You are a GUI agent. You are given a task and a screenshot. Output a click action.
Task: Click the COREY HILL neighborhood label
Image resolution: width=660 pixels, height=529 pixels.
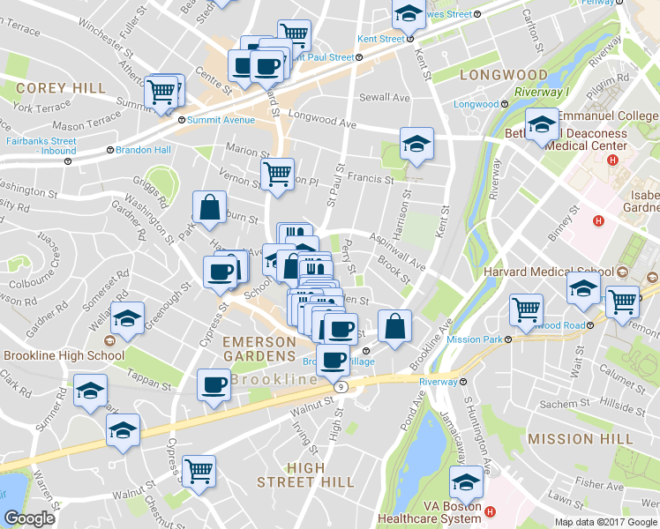(61, 88)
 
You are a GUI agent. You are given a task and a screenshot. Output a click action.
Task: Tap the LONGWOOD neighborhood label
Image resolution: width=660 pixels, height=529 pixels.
(504, 75)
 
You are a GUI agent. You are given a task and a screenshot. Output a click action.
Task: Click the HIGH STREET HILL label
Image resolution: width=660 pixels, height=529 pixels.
(305, 474)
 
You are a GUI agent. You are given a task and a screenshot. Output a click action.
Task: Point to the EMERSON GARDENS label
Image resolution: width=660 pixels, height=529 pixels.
(259, 347)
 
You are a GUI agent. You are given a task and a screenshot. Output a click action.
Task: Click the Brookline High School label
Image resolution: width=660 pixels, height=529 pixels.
(64, 355)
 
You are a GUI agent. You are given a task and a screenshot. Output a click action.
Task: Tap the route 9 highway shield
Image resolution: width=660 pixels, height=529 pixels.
(339, 386)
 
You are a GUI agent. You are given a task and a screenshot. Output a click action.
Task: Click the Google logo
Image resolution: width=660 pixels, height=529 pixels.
(29, 518)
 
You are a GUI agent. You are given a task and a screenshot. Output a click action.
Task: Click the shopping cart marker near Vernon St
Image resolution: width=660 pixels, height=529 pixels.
(277, 173)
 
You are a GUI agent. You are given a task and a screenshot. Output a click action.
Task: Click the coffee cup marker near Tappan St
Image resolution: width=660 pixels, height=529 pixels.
(213, 384)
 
